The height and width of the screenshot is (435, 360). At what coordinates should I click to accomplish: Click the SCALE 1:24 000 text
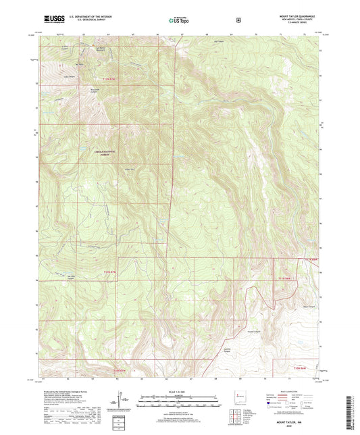pos(179,391)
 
